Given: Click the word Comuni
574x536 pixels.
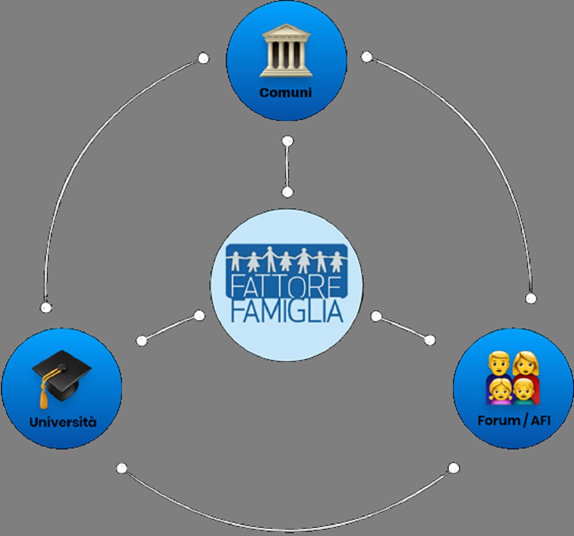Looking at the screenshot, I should (286, 92).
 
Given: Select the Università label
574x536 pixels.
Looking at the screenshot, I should (63, 422).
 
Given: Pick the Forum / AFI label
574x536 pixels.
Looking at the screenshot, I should (514, 421).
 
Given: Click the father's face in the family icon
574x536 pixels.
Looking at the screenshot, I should (499, 364).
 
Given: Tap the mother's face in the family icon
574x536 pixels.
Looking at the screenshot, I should (526, 364).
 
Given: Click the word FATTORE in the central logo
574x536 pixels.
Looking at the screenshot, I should (286, 285).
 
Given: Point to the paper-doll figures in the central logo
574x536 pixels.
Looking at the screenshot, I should (286, 260).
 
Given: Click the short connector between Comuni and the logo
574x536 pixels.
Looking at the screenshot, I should (287, 167).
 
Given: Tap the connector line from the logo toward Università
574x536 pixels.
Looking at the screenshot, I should (170, 328).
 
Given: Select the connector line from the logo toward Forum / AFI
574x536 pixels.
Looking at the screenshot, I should (403, 328).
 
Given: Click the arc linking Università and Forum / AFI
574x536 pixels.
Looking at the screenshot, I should (287, 529).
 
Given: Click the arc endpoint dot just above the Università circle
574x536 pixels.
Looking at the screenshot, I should (46, 307).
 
